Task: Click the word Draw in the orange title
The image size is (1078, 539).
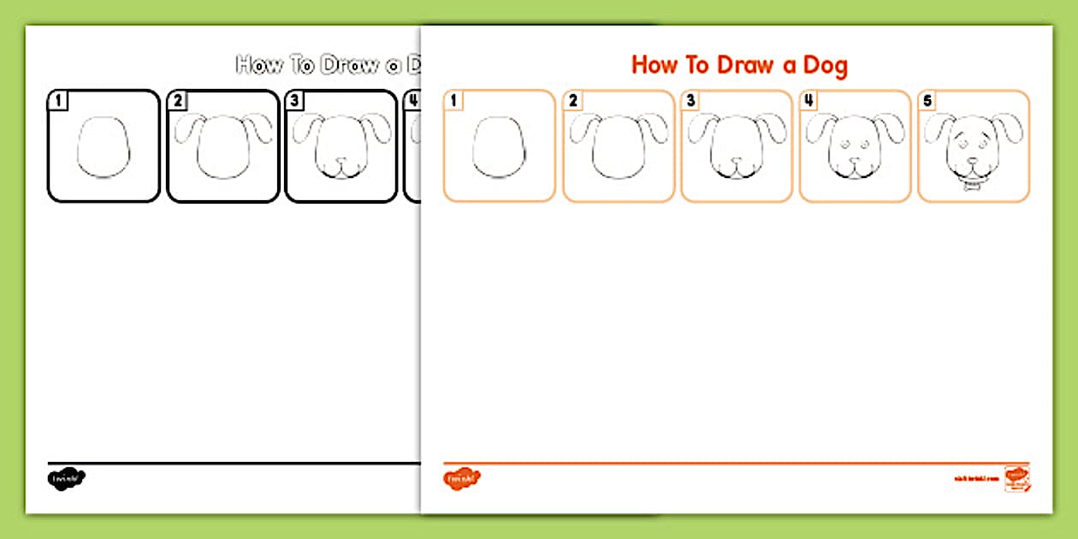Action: (733, 65)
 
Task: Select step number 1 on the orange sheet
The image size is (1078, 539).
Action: (453, 101)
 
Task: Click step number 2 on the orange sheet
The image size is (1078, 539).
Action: (572, 101)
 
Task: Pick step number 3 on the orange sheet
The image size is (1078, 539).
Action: (690, 101)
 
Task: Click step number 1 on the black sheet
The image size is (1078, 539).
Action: (58, 101)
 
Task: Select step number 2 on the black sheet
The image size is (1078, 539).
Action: (177, 101)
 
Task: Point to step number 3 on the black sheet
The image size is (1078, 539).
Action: (295, 101)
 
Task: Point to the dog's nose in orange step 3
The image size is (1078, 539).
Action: (735, 160)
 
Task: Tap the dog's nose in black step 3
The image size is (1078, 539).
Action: (340, 160)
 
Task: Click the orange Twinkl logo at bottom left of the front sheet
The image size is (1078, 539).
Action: (462, 478)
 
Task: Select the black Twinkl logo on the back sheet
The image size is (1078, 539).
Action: (67, 478)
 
